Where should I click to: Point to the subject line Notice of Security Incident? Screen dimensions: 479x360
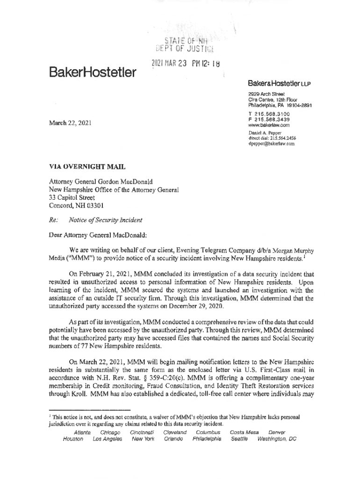105,220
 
